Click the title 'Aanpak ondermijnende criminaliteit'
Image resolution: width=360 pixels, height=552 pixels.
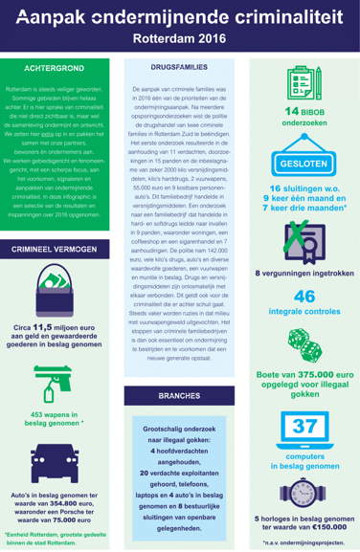click(x=179, y=18)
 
